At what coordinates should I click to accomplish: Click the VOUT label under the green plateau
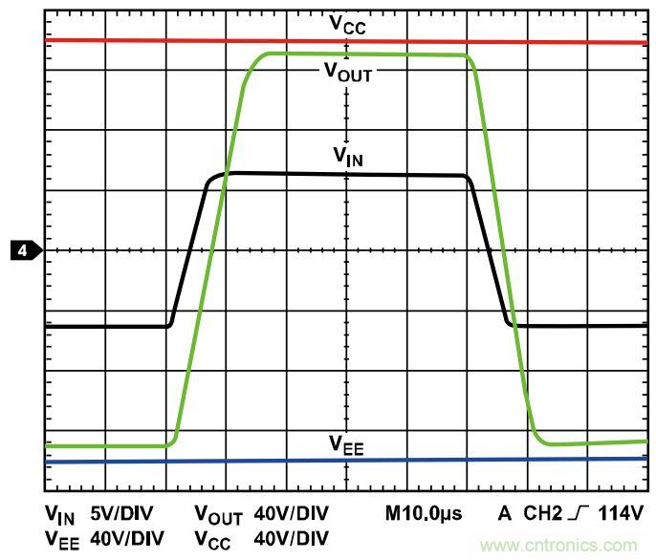coord(348,71)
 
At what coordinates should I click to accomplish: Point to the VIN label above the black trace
coord(347,156)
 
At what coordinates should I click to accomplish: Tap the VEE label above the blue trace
coord(347,443)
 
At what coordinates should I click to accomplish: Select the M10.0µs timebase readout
coord(424,514)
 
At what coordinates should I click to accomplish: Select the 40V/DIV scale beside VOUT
coord(291,514)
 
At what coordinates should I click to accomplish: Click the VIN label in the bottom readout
coord(59,516)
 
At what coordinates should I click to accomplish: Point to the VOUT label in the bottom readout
coord(218,516)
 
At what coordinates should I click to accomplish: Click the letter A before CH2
coord(504,514)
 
